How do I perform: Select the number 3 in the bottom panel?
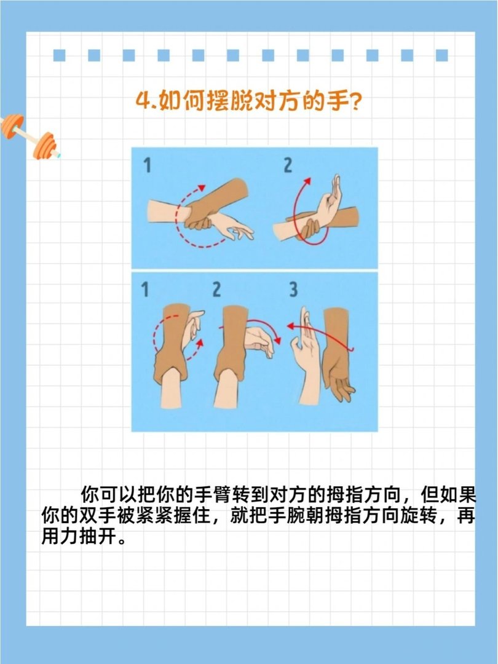293,289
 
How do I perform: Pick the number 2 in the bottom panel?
216,289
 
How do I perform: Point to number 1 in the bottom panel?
145,289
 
